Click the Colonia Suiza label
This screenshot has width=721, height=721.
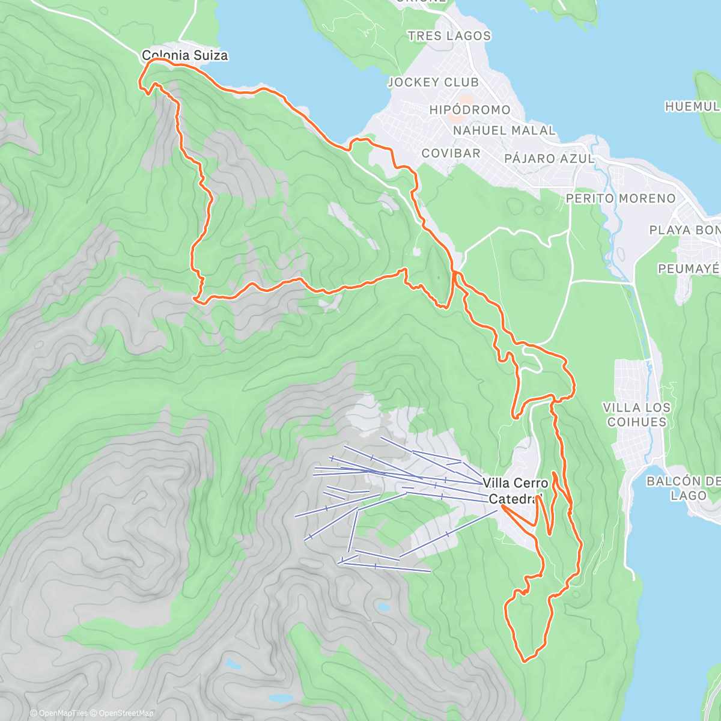coord(185,55)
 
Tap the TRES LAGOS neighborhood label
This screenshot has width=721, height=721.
coord(449,36)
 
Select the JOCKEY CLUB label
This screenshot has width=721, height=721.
coord(433,82)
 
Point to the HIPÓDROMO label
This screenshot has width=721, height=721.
coord(470,110)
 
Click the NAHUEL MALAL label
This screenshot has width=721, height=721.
coord(504,130)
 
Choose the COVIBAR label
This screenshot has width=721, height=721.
coord(451,153)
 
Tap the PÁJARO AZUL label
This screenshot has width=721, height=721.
coord(549,159)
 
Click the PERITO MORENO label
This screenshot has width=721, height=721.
coord(621,198)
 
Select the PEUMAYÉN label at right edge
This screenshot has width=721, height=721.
coord(689,269)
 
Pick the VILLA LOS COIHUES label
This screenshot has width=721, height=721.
coord(637,415)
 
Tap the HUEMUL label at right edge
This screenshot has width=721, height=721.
coord(692,106)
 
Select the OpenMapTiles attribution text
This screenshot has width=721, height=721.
coord(59,713)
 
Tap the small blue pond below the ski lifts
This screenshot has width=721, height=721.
coord(382,607)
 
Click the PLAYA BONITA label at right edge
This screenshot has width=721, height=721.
coord(685,230)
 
